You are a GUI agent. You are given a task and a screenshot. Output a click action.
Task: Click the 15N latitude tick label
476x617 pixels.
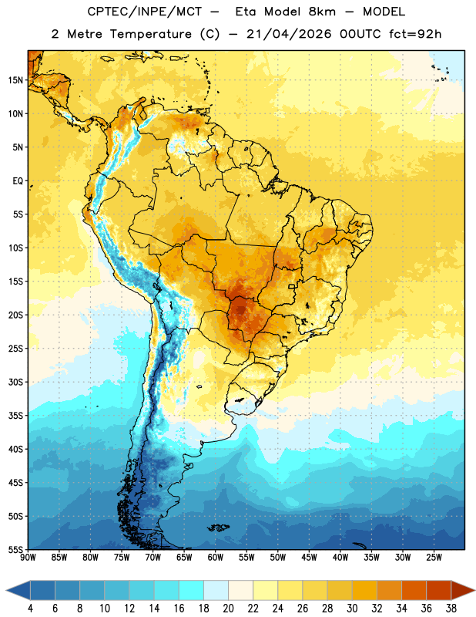[15, 80]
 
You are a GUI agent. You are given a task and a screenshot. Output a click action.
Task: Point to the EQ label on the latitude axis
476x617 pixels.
[18, 181]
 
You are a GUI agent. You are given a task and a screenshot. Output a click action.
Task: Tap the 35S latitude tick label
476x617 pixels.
[15, 416]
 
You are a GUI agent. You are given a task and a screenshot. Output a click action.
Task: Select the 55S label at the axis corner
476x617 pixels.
[15, 550]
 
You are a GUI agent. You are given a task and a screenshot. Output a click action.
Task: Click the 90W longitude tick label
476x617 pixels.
[28, 558]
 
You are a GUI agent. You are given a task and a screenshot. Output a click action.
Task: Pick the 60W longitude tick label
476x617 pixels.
[216, 558]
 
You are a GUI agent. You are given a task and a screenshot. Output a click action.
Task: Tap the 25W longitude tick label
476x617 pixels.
[434, 558]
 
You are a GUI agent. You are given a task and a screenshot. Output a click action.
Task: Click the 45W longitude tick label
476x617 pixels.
[310, 558]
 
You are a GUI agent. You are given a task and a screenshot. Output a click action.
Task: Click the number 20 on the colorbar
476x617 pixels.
[228, 609]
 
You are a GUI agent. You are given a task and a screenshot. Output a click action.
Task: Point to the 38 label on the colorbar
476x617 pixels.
[451, 609]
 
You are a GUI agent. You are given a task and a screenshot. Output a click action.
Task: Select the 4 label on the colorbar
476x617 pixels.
[30, 609]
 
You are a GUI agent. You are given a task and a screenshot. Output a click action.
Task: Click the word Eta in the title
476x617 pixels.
[246, 12]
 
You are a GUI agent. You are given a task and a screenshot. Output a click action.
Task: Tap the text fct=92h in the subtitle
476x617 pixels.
[415, 34]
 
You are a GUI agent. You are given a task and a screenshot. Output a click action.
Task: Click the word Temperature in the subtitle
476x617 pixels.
[150, 34]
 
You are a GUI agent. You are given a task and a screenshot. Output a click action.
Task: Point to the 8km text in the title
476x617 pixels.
[322, 12]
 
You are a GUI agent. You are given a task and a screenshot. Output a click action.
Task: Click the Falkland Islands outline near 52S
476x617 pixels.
[219, 528]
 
